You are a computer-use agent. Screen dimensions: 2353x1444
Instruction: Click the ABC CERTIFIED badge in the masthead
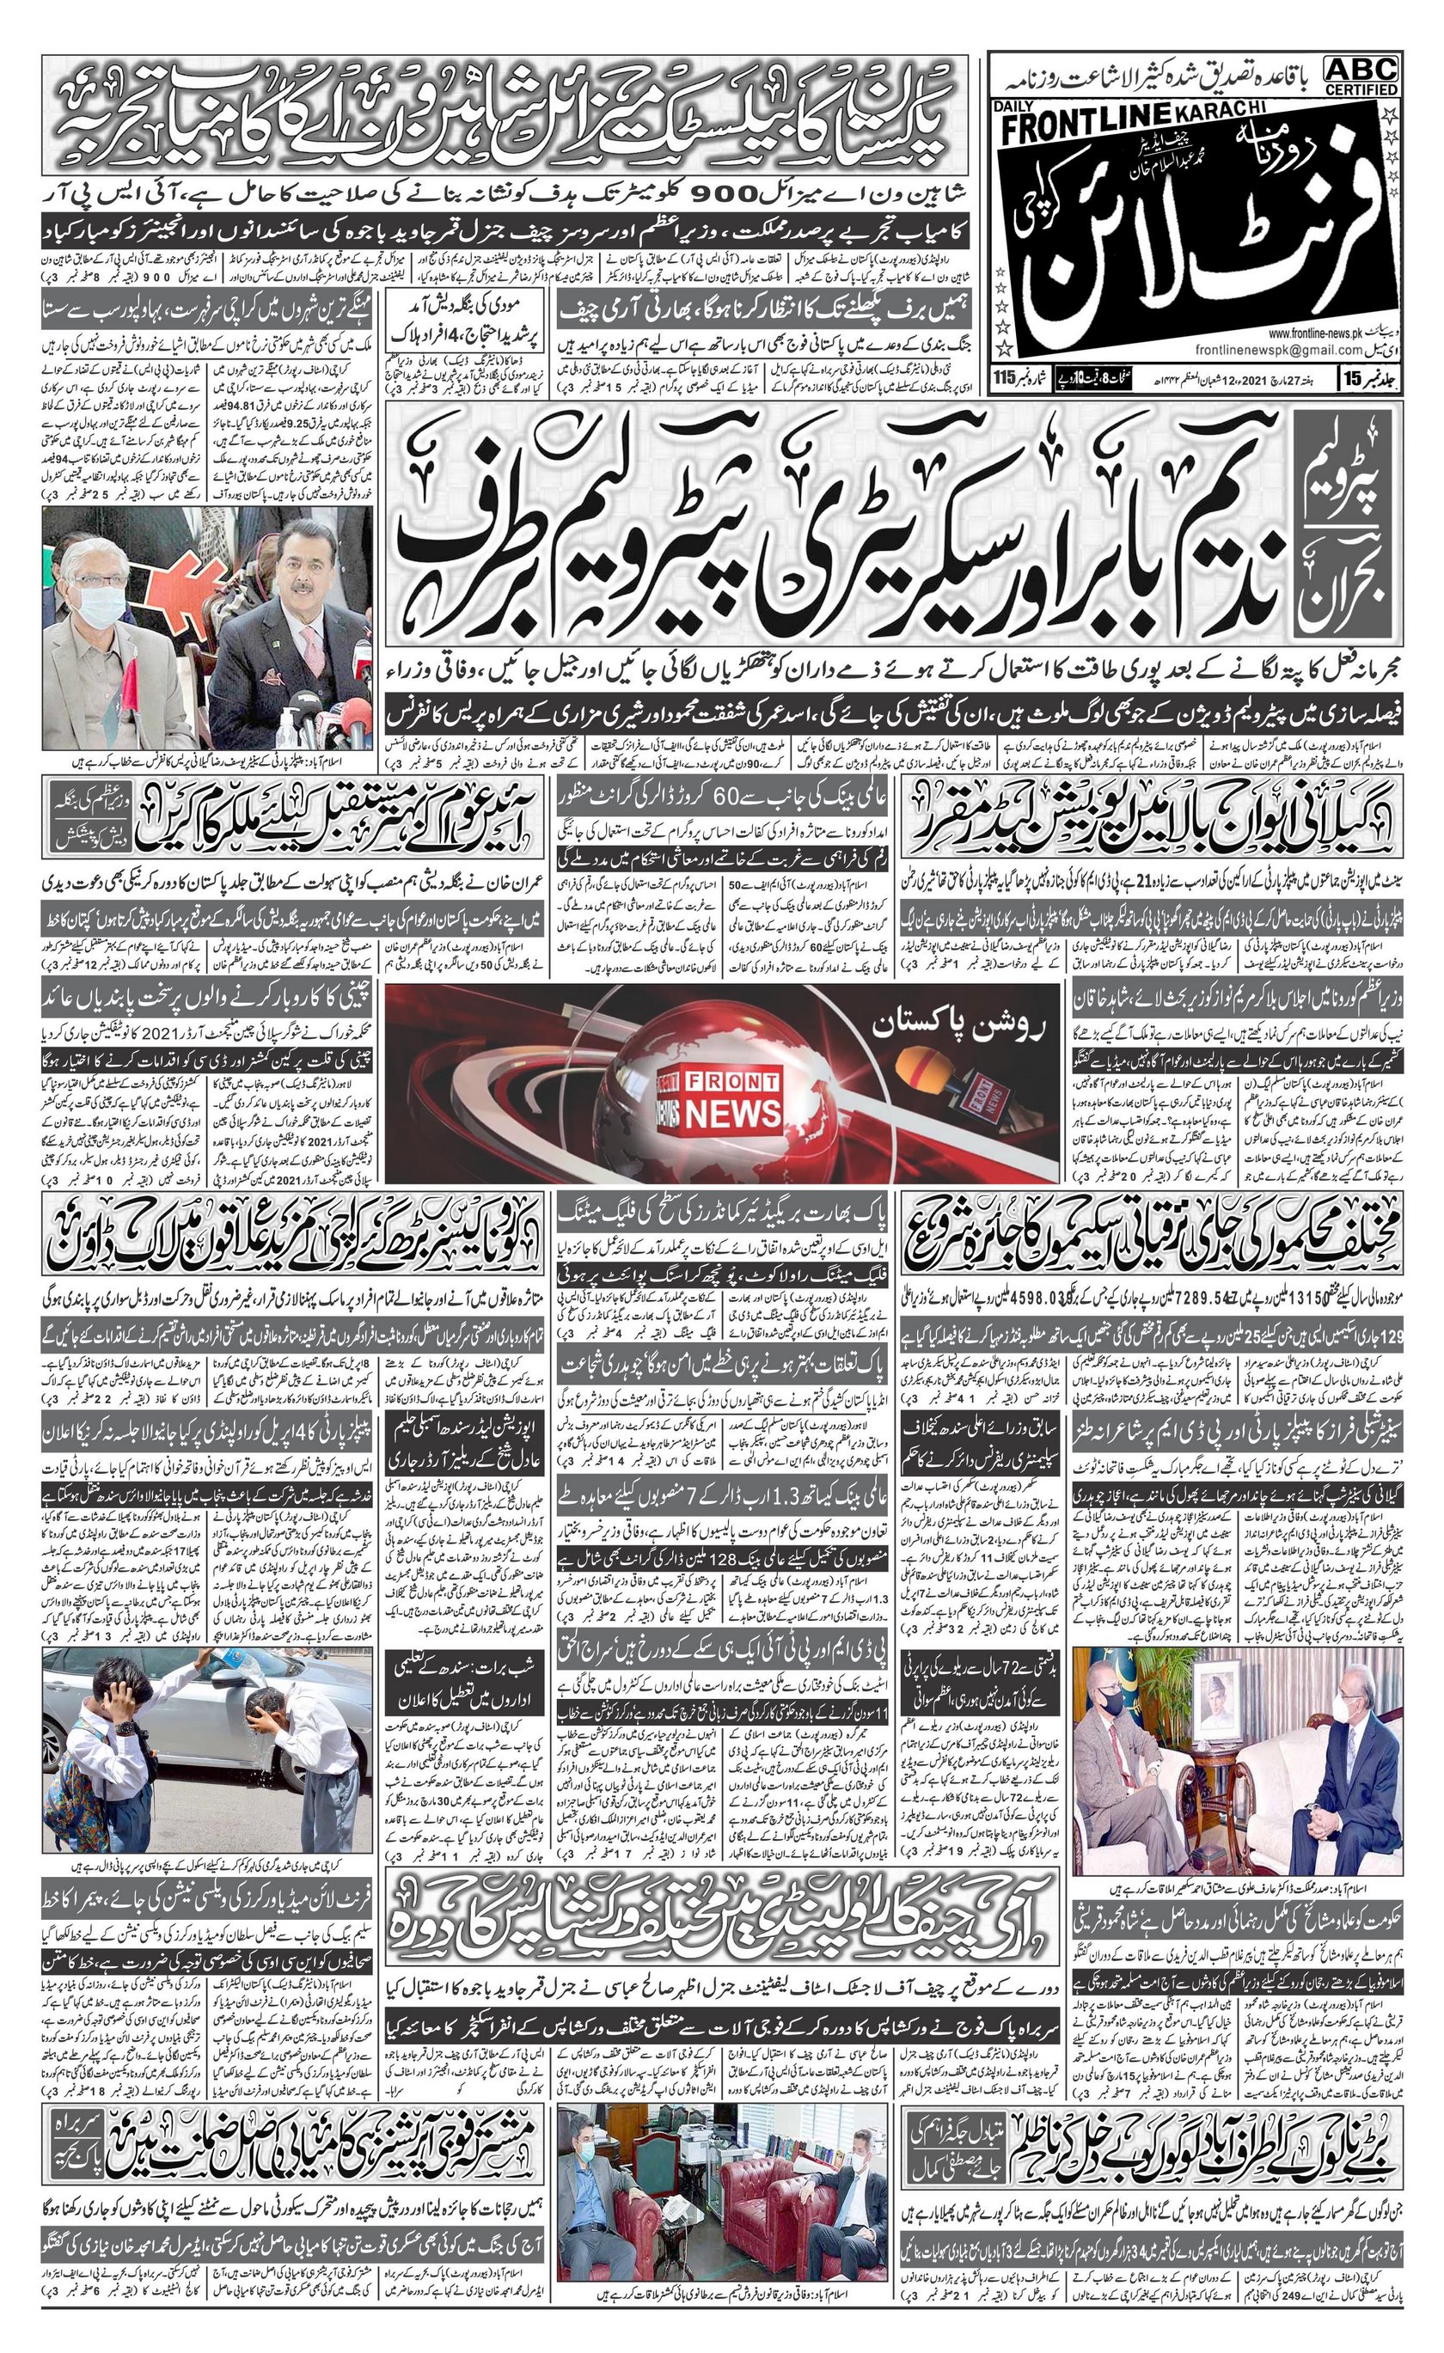coord(1360,76)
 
